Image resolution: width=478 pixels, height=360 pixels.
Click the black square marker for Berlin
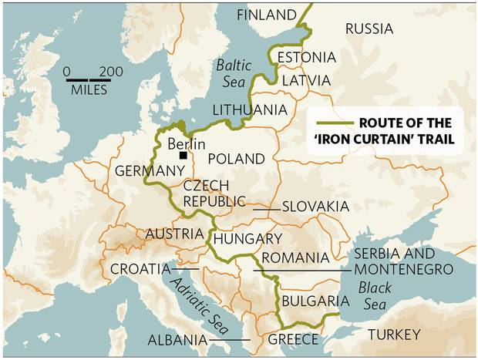pyautogui.click(x=183, y=156)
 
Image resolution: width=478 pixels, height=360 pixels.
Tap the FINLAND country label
pyautogui.click(x=266, y=15)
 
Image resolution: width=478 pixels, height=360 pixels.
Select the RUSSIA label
pyautogui.click(x=369, y=29)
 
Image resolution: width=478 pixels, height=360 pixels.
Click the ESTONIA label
pyautogui.click(x=306, y=58)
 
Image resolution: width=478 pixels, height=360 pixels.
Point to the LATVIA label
pyautogui.click(x=305, y=80)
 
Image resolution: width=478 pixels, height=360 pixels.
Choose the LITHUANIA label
pyautogui.click(x=249, y=109)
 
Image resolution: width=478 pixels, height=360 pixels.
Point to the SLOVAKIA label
pyautogui.click(x=315, y=207)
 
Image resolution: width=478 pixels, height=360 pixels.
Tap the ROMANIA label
pyautogui.click(x=295, y=257)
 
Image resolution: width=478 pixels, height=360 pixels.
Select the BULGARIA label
pyautogui.click(x=310, y=301)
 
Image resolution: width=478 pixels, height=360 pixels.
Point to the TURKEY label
pyautogui.click(x=394, y=335)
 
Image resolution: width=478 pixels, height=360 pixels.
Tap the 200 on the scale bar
pyautogui.click(x=111, y=72)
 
